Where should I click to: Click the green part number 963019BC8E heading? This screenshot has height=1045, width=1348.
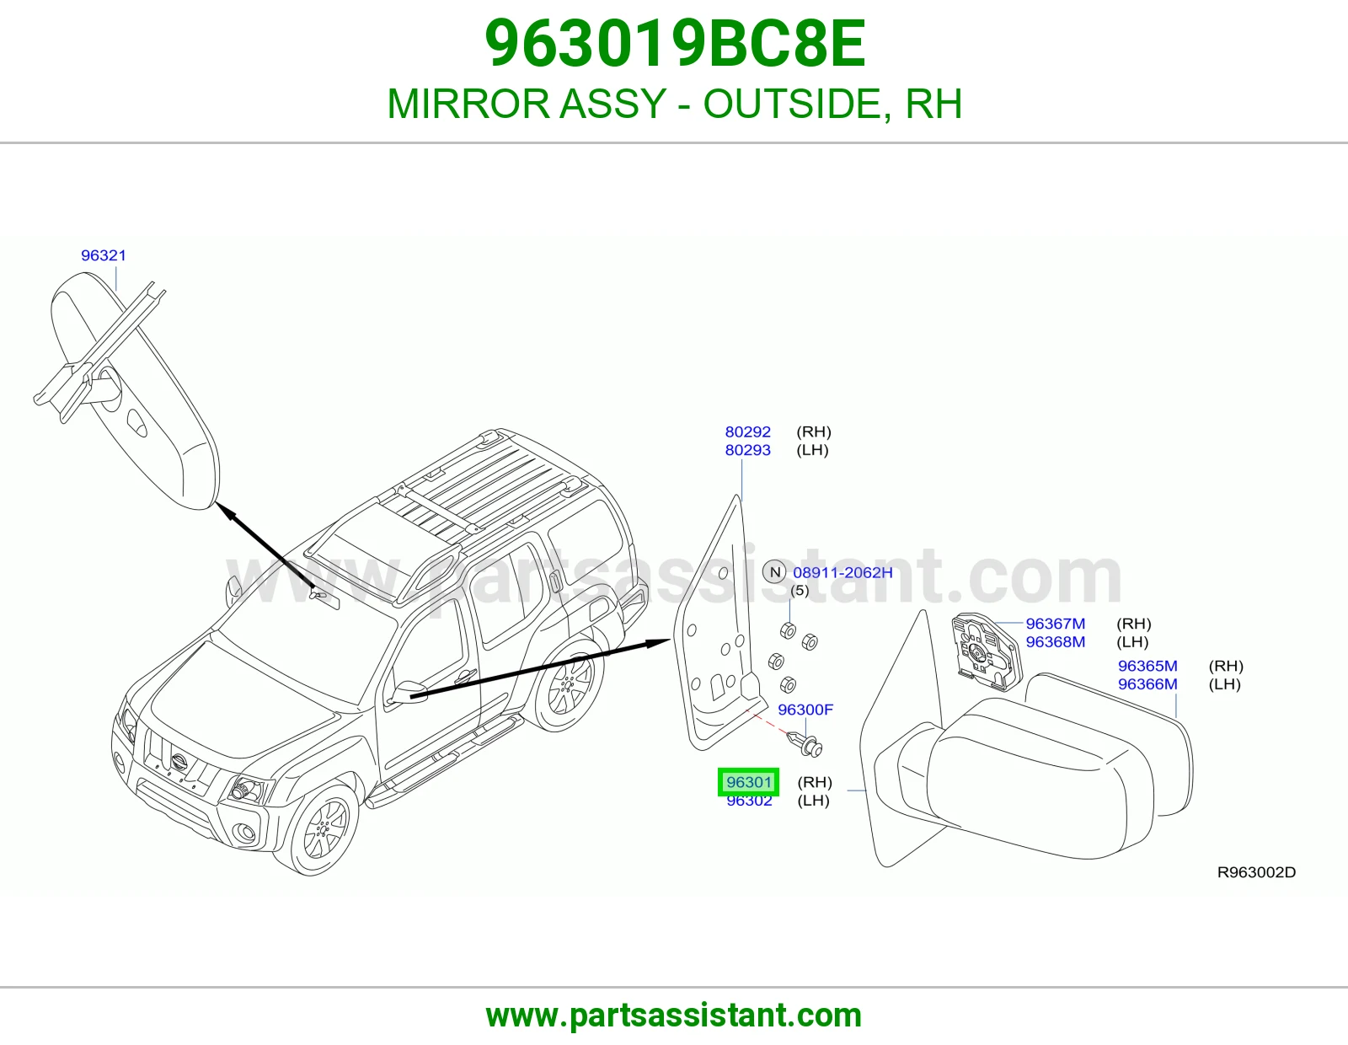[674, 44]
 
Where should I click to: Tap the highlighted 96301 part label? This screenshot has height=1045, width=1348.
[749, 782]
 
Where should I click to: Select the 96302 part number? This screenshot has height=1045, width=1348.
[749, 801]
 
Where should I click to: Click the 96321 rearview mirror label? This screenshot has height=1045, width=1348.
[104, 255]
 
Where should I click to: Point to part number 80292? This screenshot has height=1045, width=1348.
[747, 431]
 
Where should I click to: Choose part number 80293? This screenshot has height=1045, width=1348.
[747, 450]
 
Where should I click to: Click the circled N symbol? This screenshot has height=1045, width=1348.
[775, 572]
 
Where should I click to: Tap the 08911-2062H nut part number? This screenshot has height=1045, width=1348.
[842, 572]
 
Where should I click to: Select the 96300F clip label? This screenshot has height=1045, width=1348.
[805, 710]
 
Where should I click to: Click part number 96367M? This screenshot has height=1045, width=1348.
[1055, 624]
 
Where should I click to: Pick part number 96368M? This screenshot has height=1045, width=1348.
[1055, 641]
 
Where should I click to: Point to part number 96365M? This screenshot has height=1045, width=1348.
[1147, 666]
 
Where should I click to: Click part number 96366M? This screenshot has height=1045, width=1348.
[1147, 683]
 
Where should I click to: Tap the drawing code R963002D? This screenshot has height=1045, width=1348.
[1256, 872]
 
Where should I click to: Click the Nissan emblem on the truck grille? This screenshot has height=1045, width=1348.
[179, 761]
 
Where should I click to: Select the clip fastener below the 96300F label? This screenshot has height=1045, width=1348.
[805, 743]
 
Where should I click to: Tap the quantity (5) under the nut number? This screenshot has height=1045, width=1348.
[800, 590]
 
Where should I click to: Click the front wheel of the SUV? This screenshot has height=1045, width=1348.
[318, 830]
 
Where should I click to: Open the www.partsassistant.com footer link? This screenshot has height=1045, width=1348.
[674, 1016]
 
